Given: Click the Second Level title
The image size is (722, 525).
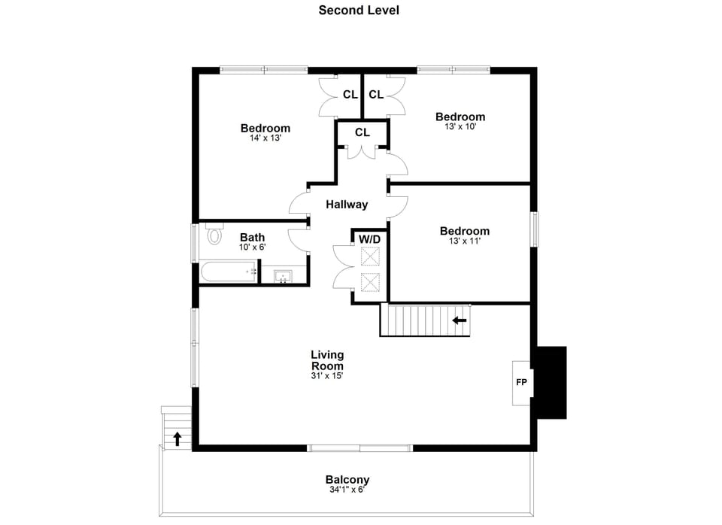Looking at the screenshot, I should (x=359, y=11).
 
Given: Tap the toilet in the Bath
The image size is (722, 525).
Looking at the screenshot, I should (x=214, y=236).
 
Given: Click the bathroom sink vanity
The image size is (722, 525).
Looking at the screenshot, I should (x=284, y=276).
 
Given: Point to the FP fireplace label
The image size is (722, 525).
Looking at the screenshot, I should (x=521, y=382).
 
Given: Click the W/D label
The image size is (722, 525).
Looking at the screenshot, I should (x=369, y=238).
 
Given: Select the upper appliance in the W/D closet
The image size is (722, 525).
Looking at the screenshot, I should (x=370, y=257).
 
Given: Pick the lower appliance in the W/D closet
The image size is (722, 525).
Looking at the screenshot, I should (x=370, y=283).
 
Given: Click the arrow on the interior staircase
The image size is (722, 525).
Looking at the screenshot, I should (x=459, y=320).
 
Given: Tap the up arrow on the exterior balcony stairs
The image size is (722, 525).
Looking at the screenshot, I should (x=177, y=439).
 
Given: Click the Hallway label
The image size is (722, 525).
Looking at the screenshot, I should (x=347, y=205).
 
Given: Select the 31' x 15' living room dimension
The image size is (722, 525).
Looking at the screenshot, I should (x=327, y=375).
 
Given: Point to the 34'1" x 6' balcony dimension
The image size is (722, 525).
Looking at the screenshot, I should (x=347, y=490).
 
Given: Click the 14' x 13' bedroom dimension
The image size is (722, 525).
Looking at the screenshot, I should (x=265, y=138).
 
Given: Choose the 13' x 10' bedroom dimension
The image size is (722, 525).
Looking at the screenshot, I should (x=460, y=127).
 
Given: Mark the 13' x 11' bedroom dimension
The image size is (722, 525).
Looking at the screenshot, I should (x=464, y=241).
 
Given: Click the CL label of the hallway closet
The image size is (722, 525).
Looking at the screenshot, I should (x=363, y=132).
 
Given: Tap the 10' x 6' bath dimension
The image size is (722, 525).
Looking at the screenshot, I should (x=253, y=247).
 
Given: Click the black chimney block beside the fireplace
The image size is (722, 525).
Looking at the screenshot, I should (x=551, y=382).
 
